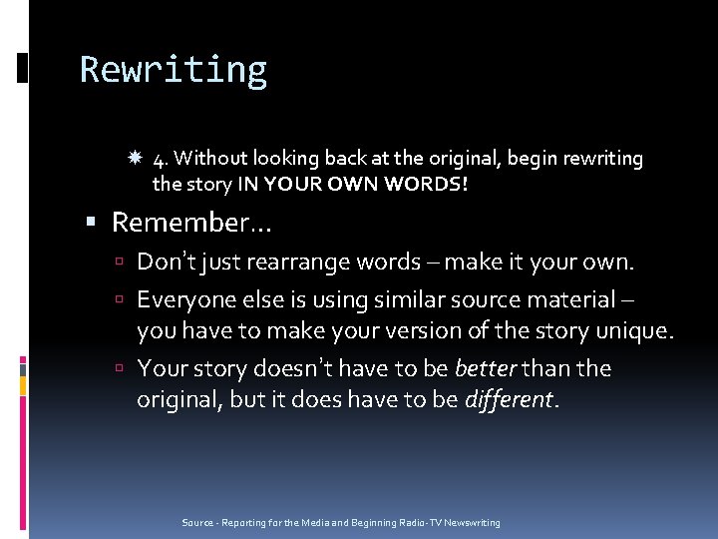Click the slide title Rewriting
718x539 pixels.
coord(173,70)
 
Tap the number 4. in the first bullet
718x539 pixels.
coord(162,159)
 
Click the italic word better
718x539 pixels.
coord(484,368)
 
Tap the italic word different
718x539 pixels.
coord(508,400)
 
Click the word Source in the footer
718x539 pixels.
coord(197,523)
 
